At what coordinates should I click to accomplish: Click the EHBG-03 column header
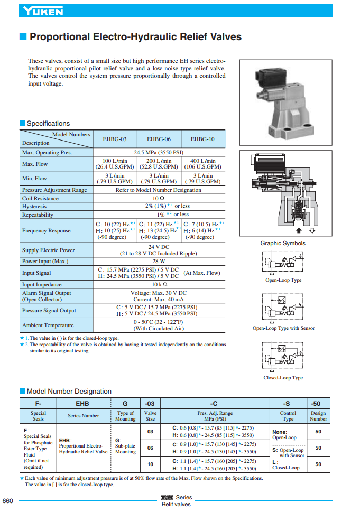115,139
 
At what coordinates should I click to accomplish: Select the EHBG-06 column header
159,139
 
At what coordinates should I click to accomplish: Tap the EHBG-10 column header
202,139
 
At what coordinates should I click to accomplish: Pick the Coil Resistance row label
40,198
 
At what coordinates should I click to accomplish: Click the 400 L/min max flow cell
202,164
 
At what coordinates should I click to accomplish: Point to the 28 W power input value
159,261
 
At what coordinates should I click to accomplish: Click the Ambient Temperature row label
48,325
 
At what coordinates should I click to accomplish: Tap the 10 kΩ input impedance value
159,284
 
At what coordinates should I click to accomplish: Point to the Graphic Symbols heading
282,243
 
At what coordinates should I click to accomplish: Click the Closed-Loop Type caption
283,378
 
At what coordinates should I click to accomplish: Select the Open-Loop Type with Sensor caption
283,328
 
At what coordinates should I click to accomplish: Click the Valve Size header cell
151,416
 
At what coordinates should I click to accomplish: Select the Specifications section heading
48,124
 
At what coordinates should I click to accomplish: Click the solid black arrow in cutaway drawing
299,230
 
